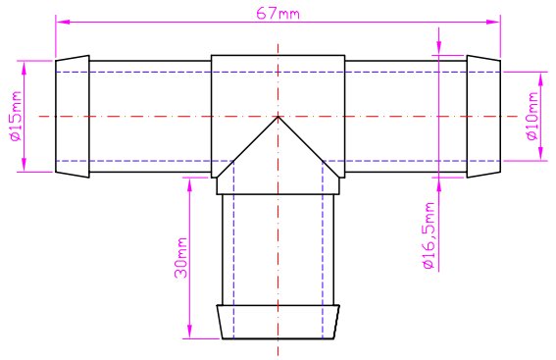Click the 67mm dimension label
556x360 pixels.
coord(278,14)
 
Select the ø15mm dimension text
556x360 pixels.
coord(17,116)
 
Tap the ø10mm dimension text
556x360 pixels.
coord(532,117)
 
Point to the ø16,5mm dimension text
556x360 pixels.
coord(429,235)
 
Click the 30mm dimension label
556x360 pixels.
coord(180,258)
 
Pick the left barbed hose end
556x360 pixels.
coord(73,117)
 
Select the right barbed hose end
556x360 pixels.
coord(483,117)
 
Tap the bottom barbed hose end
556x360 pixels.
coord(278,322)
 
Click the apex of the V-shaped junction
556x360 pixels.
coord(278,117)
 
